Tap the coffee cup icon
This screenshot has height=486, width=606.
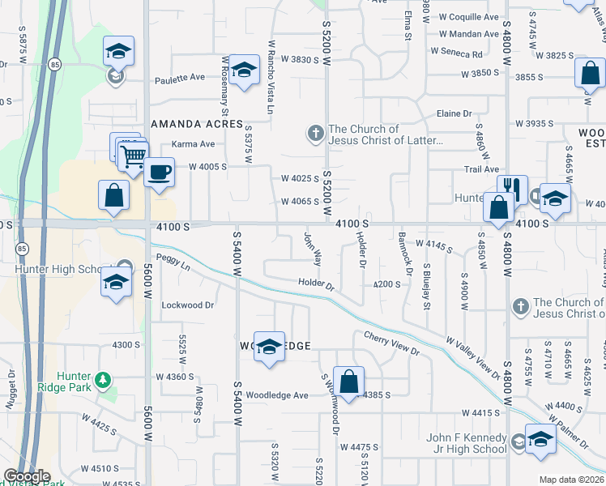tap(160, 173)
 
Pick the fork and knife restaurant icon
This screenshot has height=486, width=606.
tap(511, 190)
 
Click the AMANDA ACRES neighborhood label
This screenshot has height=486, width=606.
tap(198, 124)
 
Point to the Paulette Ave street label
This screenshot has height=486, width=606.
tap(180, 79)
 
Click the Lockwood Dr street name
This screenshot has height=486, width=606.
tap(187, 305)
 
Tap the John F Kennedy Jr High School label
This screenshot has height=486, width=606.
tap(467, 444)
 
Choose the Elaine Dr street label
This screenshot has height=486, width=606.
tap(454, 114)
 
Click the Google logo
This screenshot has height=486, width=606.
tap(27, 476)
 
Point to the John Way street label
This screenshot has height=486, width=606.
tap(312, 249)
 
